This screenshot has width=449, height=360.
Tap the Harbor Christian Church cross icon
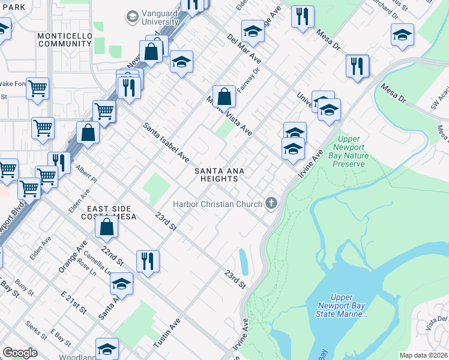point(271,203)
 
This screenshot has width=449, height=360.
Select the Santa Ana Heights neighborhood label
point(219,175)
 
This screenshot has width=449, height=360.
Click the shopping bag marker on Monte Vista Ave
point(223,96)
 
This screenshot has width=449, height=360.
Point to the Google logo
point(20,353)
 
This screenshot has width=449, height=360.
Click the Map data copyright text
point(423,355)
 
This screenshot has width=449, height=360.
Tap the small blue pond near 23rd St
point(244,262)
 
